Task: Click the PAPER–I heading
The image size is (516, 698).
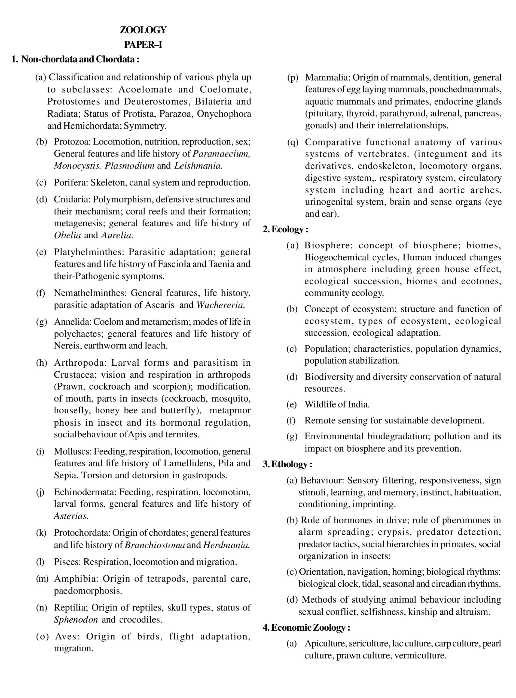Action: [143, 45]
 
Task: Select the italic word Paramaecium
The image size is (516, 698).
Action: [221, 154]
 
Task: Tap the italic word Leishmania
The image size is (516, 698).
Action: [198, 166]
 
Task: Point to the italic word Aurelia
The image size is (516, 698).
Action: [117, 235]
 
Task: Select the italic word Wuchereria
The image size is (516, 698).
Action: [221, 305]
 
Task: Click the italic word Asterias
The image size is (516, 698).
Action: [71, 516]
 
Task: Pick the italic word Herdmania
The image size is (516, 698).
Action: [227, 545]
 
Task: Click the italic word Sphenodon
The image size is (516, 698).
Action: [76, 620]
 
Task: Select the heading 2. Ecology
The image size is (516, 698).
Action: [285, 229]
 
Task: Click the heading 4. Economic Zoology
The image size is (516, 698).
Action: [306, 628]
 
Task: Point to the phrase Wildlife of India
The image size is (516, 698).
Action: [337, 405]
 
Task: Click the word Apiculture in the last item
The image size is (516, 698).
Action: [325, 643]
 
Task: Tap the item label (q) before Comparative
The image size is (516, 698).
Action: [293, 142]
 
